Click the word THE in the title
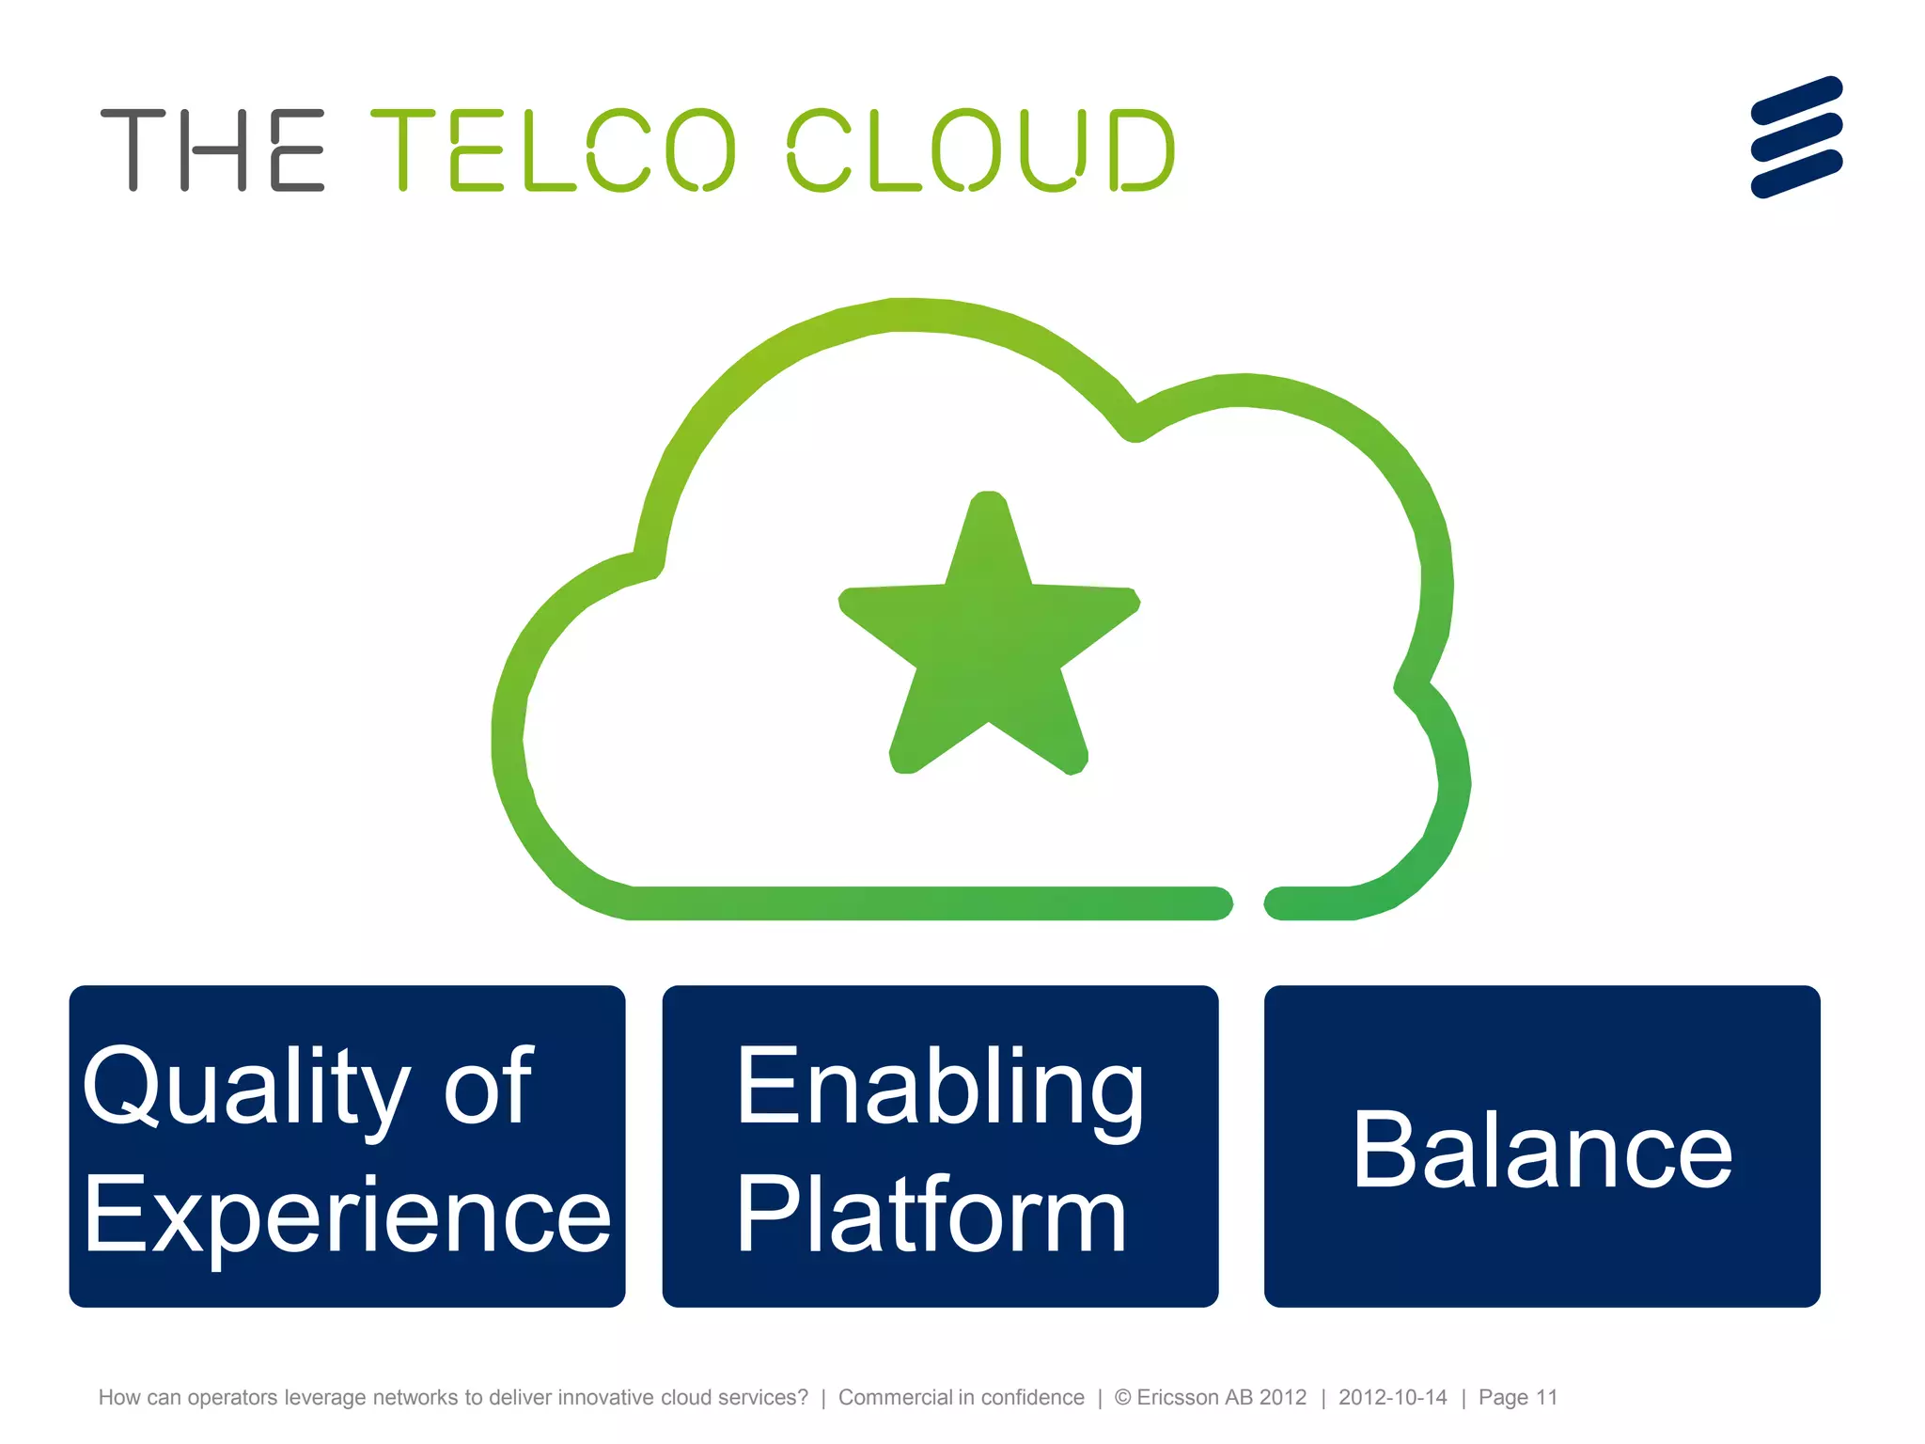coord(212,150)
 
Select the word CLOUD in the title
coord(980,150)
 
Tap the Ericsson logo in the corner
coord(1796,137)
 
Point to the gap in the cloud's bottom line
coord(1248,903)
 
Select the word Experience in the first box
coord(347,1216)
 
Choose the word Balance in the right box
coord(1542,1151)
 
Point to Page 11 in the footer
coord(1517,1398)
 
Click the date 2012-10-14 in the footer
coord(1392,1398)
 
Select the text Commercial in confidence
coord(961,1398)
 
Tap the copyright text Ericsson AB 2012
coord(1220,1398)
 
